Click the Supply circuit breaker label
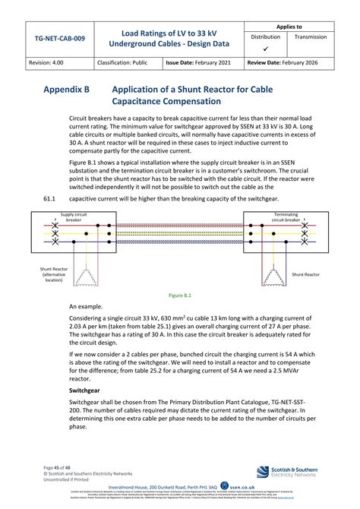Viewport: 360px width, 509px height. pos(73,217)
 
